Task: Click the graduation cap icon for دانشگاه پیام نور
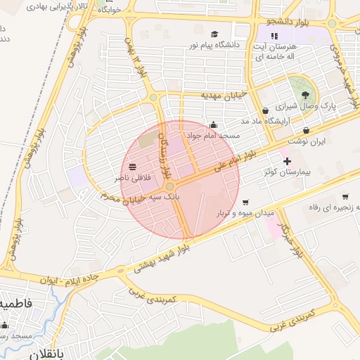[214, 34]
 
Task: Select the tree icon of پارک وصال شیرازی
[305, 95]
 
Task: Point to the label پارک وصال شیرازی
[306, 106]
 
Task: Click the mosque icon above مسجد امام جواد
[213, 125]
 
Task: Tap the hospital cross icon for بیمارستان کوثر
[286, 162]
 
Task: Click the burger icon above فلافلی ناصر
[132, 167]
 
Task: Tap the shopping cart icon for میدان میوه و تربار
[245, 202]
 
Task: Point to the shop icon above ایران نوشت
[307, 131]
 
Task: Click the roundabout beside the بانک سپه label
[170, 186]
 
